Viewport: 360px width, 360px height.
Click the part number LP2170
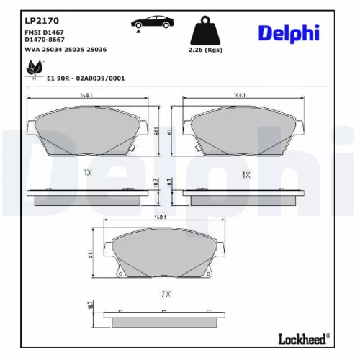37,20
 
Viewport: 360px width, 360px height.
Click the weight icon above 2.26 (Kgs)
204,32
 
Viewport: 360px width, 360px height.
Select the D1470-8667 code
44,40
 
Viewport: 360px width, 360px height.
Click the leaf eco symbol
32,68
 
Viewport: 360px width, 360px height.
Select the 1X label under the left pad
87,173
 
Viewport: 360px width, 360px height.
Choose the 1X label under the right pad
246,175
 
